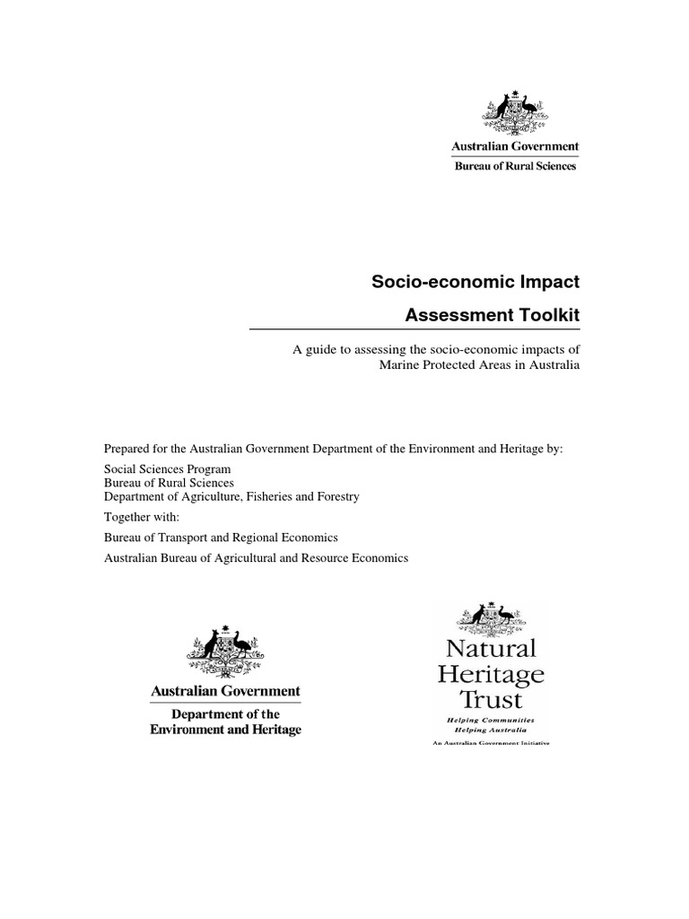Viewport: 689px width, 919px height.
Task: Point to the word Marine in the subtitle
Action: pos(399,365)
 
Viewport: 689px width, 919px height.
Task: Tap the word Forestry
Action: pos(334,496)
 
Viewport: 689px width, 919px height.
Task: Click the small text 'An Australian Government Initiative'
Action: pos(490,744)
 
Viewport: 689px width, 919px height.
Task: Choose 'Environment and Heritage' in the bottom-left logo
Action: pos(225,730)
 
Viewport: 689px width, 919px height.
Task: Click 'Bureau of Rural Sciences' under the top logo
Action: pos(514,165)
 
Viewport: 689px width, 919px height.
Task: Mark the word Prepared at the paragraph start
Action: pos(129,448)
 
